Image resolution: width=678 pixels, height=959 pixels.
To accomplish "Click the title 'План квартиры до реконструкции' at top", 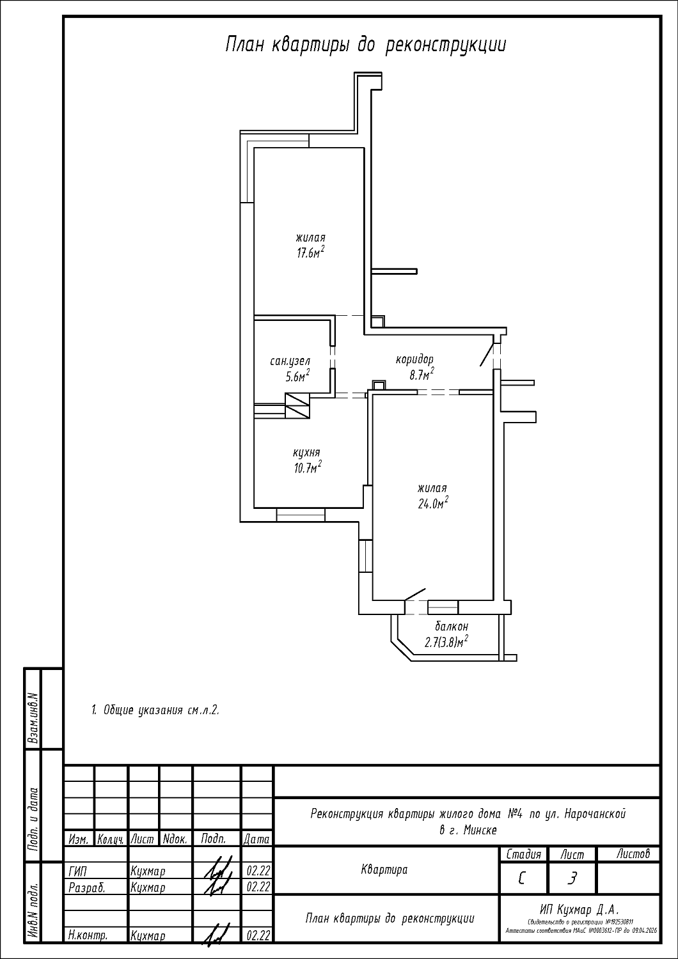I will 365,45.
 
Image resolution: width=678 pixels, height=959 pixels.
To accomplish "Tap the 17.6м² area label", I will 310,252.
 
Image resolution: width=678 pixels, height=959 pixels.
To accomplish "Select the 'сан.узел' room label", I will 290,361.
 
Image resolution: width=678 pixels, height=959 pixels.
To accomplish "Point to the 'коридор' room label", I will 414,359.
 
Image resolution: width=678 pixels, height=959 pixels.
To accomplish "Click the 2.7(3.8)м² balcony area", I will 446,642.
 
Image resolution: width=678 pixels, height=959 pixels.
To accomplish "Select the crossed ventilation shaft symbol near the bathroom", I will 296,405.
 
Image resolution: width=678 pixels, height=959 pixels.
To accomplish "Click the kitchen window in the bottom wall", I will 301,514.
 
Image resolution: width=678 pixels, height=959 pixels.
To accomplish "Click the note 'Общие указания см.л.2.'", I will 155,710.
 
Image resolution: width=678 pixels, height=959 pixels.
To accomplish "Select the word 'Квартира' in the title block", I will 384,869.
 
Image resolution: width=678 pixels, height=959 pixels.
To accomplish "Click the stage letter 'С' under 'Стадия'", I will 522,879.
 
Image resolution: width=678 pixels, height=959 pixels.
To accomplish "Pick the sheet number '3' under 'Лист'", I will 572,879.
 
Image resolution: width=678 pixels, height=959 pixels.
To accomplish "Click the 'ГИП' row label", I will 77,871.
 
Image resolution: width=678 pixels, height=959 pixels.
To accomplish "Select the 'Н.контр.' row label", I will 87,935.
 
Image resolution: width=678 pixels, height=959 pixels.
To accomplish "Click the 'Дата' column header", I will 256,839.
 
